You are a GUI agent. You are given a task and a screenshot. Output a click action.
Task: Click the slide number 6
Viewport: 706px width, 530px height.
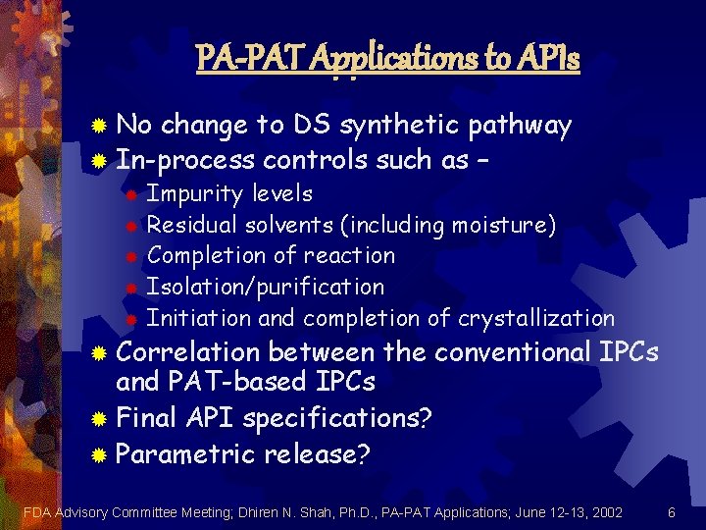[672, 512]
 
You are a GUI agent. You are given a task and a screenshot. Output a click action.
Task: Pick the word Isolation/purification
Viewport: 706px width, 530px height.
[265, 287]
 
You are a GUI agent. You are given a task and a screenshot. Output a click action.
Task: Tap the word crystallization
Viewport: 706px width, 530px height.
[537, 318]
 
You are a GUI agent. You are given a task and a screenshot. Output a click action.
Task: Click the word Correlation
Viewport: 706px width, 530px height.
[188, 351]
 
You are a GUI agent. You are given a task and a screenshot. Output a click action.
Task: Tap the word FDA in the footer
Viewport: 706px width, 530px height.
[37, 512]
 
